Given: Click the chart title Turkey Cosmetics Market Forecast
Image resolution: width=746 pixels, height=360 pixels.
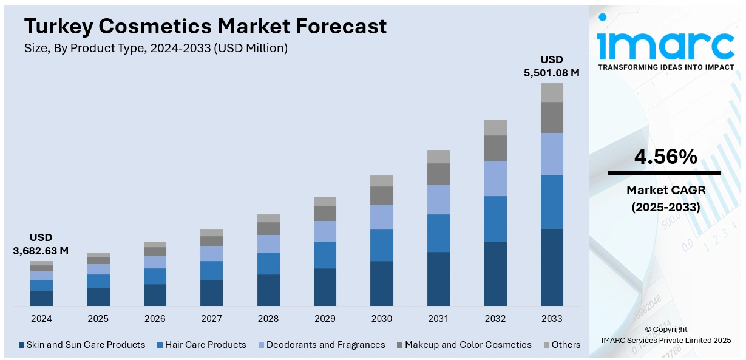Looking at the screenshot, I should point(205,26).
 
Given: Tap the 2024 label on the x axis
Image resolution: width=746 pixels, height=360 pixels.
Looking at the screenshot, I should point(41,319).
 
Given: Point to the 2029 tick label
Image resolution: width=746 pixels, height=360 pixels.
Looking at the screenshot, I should point(325,319).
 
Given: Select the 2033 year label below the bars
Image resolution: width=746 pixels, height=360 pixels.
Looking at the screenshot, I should point(551,319).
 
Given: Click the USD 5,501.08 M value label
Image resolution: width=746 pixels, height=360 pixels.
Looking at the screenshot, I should point(552,66).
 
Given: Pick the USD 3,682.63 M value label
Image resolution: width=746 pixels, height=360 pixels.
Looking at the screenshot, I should point(41,243).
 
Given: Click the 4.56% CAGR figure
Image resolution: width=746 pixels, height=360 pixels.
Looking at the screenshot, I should point(665,157).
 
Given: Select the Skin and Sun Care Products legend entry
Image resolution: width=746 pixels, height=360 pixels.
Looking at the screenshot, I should point(82,345).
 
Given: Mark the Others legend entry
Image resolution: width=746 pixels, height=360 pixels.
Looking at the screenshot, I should point(561,345).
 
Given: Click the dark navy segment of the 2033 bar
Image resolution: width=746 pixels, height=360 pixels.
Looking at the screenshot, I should point(552,267).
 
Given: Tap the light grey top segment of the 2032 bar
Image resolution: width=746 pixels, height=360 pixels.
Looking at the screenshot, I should point(495,127).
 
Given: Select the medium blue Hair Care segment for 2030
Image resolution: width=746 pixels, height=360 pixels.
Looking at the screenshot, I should point(382,245).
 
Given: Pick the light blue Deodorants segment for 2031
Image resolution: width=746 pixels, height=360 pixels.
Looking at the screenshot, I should point(438,199).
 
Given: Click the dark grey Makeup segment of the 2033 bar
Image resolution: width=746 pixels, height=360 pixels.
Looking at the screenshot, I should point(552,117).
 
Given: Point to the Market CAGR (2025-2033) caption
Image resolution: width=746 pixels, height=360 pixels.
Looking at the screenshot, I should point(665,199).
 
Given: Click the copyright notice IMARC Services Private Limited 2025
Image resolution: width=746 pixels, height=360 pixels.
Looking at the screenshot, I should point(665,340).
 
